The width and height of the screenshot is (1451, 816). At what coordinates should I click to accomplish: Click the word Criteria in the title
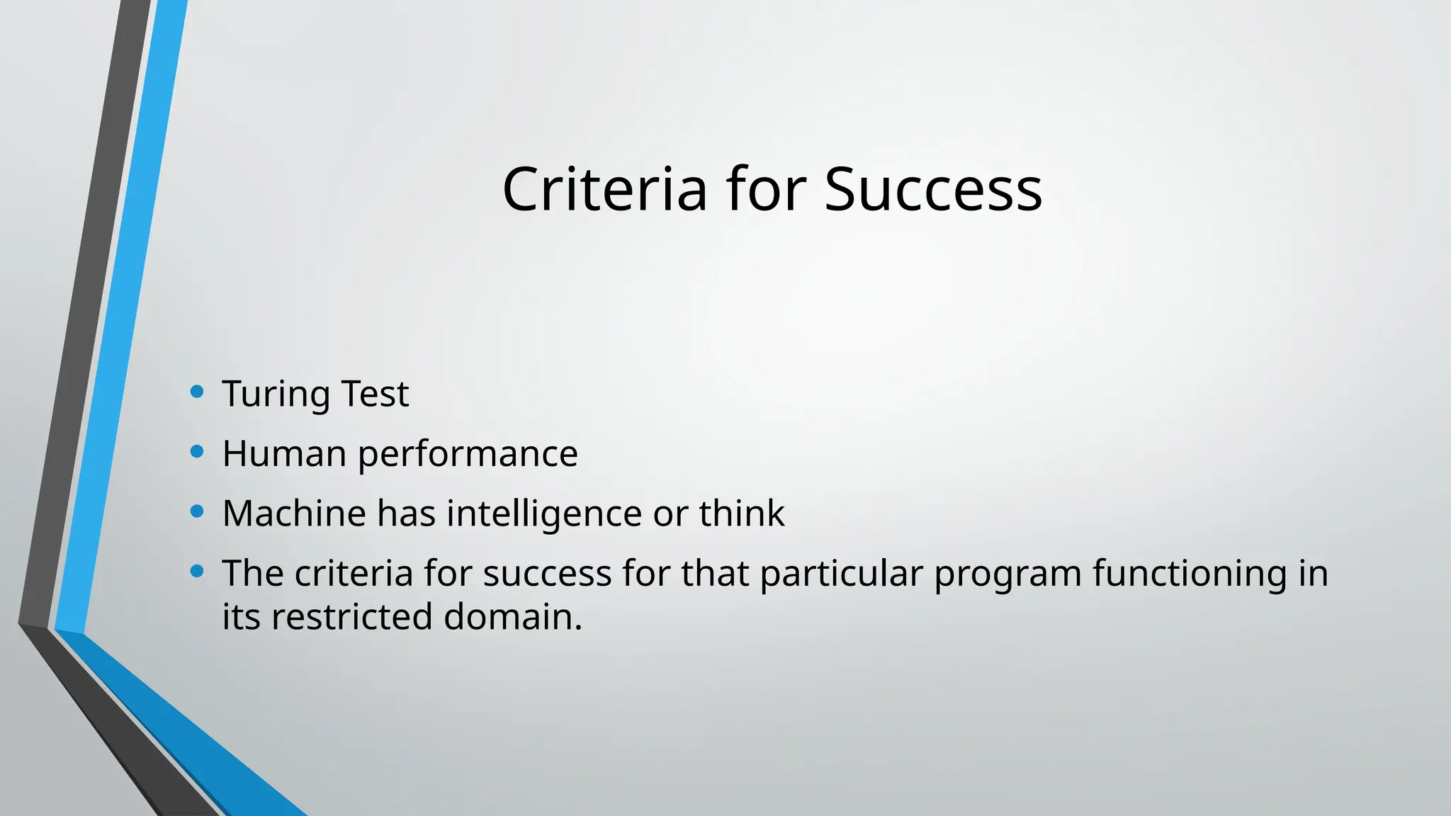point(604,189)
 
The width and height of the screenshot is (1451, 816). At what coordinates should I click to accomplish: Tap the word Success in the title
point(933,189)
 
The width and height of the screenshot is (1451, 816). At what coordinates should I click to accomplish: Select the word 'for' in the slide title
point(765,189)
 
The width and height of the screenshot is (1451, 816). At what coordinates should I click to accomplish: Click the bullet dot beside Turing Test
point(198,391)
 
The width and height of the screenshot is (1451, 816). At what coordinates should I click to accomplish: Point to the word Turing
point(276,395)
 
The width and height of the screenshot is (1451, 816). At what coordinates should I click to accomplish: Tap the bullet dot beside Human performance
point(198,451)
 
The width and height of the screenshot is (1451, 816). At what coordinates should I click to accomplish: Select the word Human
point(284,453)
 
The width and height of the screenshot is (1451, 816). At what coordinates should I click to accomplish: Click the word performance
point(468,455)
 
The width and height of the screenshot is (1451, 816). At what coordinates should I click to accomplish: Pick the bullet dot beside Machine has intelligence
point(198,511)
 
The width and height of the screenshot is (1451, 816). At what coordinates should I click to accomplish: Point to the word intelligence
point(544,514)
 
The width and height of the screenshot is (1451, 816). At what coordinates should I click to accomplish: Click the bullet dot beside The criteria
point(198,570)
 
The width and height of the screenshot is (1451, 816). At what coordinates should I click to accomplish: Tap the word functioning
point(1190,573)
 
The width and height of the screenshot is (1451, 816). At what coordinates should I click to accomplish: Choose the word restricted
point(351,616)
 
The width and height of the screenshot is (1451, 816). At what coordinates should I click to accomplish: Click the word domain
point(513,616)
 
